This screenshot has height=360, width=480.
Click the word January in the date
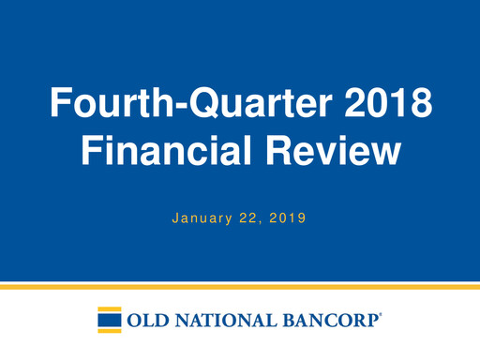pos(202,217)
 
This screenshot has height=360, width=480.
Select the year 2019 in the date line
pos(288,217)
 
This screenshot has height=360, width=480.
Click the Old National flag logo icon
pos(109,319)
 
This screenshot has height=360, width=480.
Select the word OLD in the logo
pos(146,320)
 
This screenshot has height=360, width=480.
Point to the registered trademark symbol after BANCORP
pos(381,314)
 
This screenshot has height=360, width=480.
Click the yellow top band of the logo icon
pos(111,308)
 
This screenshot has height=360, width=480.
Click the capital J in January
pos(175,217)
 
